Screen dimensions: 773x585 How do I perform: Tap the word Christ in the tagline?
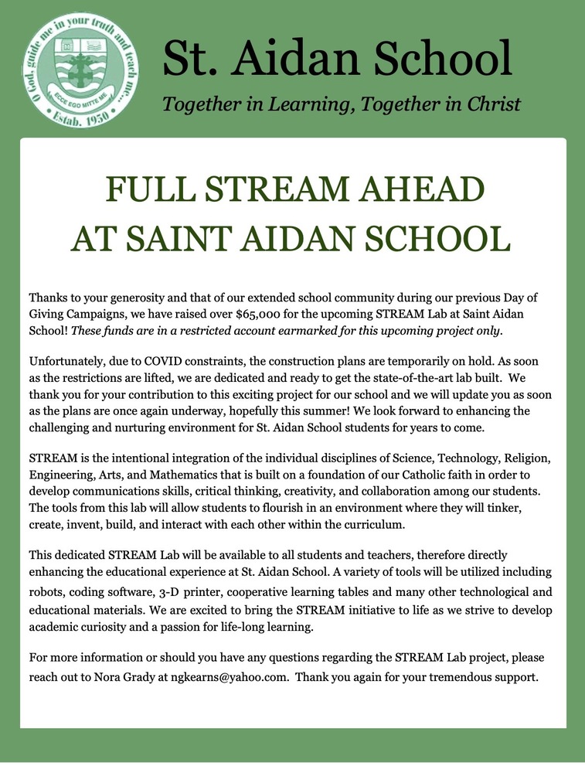[488, 104]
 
